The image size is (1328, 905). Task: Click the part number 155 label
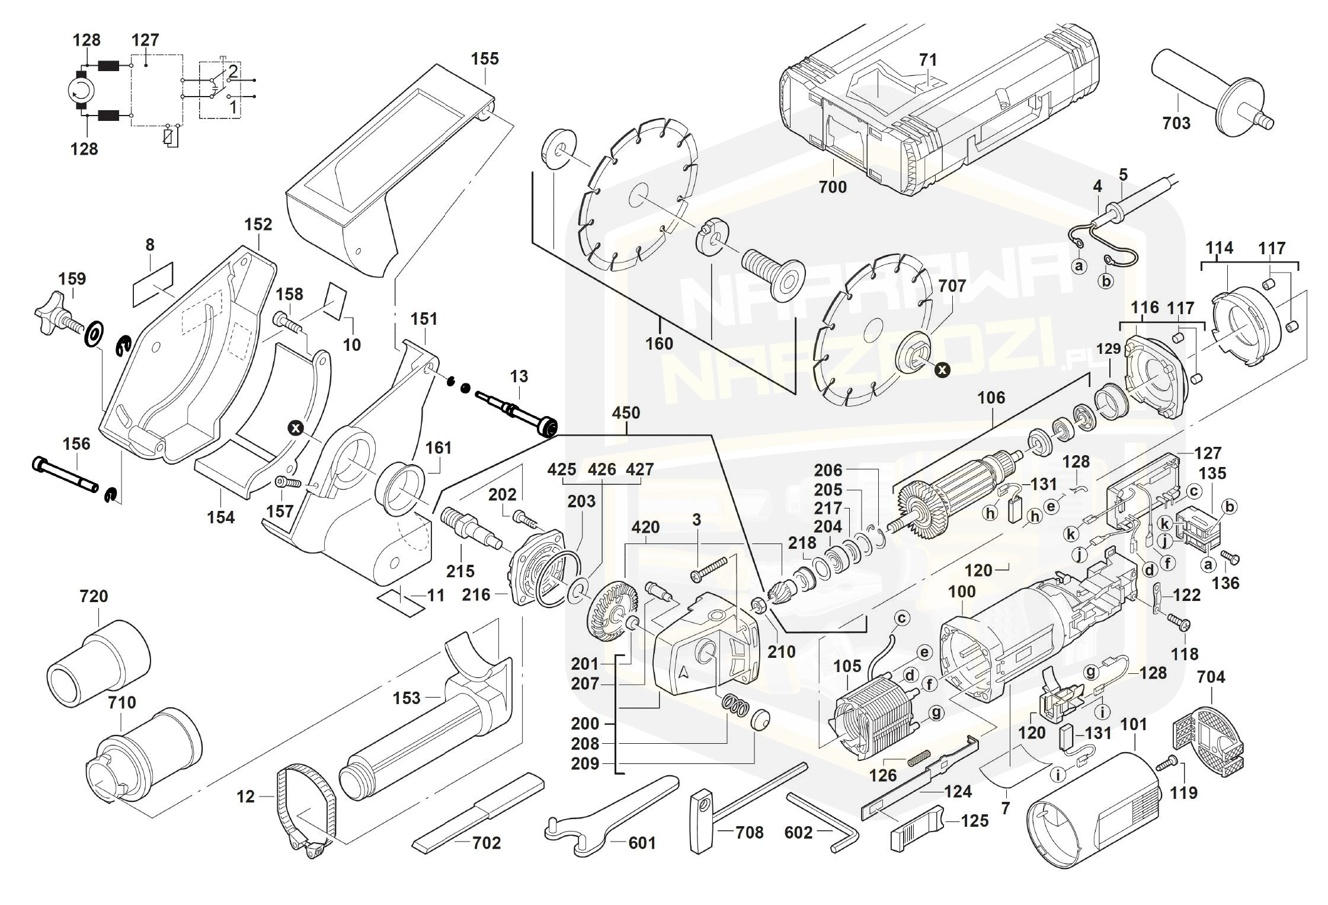point(485,59)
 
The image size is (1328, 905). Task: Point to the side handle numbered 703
point(1209,101)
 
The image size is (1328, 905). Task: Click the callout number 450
point(626,413)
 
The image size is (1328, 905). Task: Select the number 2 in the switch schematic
point(233,72)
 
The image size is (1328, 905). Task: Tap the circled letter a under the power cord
point(1079,266)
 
